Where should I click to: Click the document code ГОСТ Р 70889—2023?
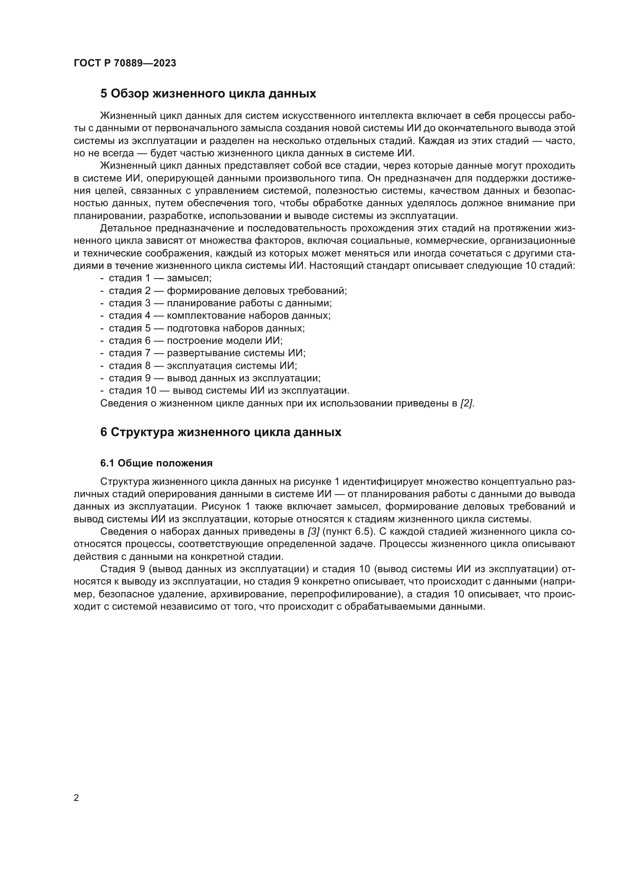click(x=125, y=63)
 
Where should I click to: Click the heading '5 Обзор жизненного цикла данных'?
click(x=208, y=94)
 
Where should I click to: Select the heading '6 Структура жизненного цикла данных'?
click(x=221, y=432)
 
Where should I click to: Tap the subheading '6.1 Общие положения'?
click(x=156, y=463)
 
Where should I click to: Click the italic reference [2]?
click(x=467, y=403)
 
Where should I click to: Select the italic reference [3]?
click(x=313, y=532)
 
